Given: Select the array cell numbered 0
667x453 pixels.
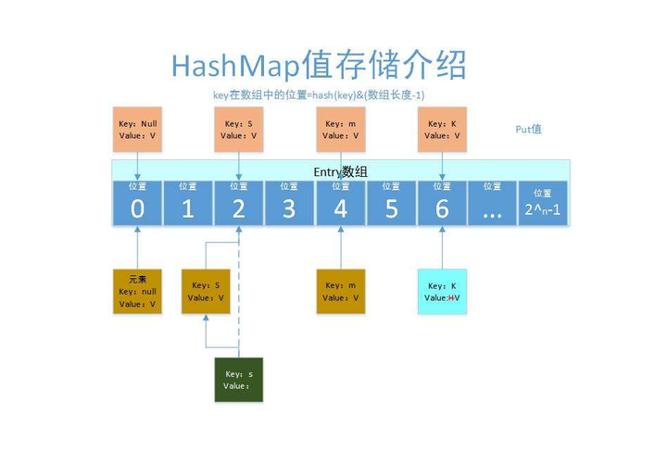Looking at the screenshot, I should click(x=137, y=203).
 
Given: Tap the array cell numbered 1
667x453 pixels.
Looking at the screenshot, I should click(x=188, y=203).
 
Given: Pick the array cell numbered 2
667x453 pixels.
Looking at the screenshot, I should click(x=239, y=203).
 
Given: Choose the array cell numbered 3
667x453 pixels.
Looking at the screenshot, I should click(x=289, y=203).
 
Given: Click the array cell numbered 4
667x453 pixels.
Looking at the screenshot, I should click(x=340, y=203).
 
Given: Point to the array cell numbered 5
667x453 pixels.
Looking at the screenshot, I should click(x=391, y=203).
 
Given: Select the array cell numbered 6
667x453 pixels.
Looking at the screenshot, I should click(x=442, y=203).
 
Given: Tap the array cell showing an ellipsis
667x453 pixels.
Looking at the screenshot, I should click(x=492, y=203).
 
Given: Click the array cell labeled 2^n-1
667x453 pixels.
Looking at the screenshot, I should click(x=543, y=203).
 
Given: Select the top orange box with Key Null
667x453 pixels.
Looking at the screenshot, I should click(x=137, y=129).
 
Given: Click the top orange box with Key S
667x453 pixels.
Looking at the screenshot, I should click(x=239, y=129).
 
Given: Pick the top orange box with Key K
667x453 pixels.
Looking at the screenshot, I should click(x=442, y=129).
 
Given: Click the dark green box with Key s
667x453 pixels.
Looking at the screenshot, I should click(x=239, y=380).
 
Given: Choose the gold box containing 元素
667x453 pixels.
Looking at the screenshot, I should click(x=137, y=291).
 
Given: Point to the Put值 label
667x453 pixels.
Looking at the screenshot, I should click(x=528, y=129).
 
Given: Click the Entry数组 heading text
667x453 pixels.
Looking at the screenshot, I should click(x=341, y=172).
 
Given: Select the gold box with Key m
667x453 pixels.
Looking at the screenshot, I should click(x=340, y=291).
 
